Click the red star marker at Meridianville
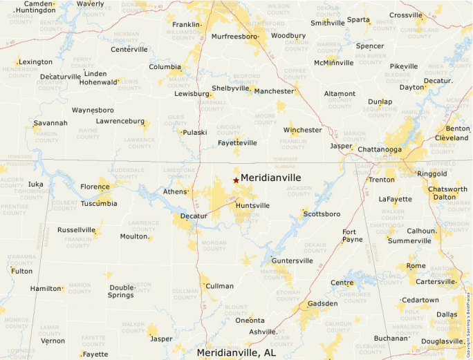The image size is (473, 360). (x=236, y=180)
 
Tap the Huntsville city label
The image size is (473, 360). (x=252, y=206)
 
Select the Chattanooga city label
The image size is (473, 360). (x=380, y=149)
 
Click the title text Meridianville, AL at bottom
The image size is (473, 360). (x=236, y=352)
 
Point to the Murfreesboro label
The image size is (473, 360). (x=234, y=36)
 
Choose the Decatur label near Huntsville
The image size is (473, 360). (x=194, y=216)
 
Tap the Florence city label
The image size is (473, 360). (x=95, y=187)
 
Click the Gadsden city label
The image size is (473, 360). (x=322, y=303)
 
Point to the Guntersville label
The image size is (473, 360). (x=293, y=261)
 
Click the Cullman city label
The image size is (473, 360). (x=220, y=285)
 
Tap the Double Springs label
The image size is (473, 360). (x=122, y=291)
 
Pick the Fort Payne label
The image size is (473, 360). (x=352, y=236)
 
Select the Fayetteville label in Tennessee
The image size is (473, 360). (x=237, y=143)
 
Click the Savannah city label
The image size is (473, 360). (x=50, y=123)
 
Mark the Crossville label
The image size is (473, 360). (x=405, y=15)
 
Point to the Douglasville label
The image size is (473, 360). (x=443, y=341)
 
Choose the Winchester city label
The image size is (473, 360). (x=302, y=130)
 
